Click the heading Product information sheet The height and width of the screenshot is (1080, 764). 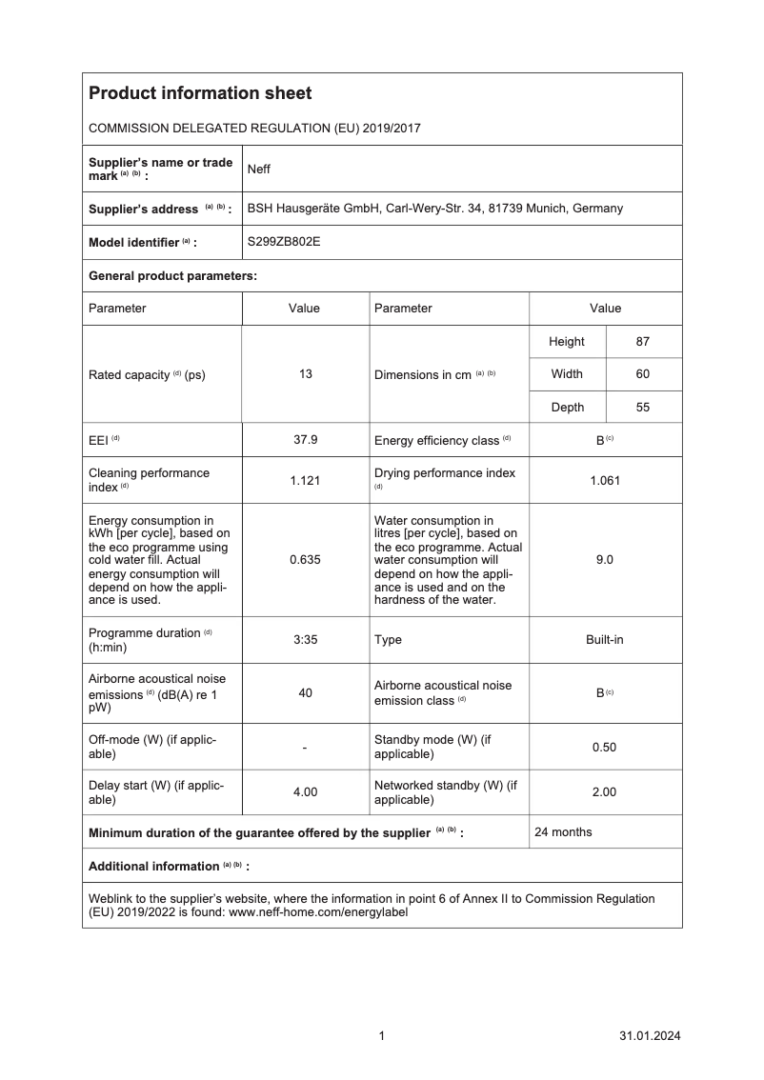(200, 93)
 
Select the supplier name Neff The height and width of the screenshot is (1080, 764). (259, 169)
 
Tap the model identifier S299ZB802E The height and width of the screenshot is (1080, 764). (284, 242)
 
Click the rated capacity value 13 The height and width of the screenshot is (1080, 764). (306, 374)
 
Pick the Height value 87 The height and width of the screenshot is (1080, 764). (643, 341)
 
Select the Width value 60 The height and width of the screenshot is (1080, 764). (643, 374)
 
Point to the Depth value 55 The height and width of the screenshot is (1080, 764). (643, 408)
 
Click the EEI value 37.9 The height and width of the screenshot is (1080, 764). (306, 440)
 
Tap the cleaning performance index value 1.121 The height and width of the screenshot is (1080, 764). (306, 480)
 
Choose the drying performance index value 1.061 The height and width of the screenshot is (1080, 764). (605, 480)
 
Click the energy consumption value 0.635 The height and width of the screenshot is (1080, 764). (306, 560)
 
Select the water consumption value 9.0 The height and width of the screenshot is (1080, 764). (605, 560)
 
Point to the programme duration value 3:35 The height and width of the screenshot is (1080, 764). (306, 640)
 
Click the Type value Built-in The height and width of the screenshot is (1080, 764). (605, 640)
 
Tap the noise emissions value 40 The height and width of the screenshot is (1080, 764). (306, 693)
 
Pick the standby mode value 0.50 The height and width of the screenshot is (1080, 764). (605, 747)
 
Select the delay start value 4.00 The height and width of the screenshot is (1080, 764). (306, 791)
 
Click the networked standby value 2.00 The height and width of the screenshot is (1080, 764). (605, 791)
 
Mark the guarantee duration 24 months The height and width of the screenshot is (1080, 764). (563, 832)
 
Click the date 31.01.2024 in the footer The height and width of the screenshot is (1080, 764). (650, 1036)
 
